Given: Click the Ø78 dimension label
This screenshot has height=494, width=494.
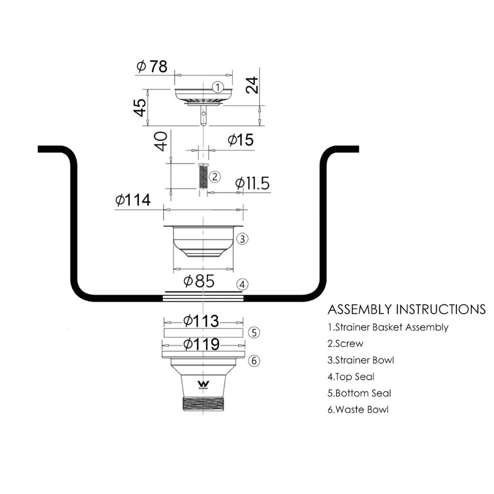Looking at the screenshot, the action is (152, 66).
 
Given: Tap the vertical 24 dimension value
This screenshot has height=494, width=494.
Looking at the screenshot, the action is (252, 85).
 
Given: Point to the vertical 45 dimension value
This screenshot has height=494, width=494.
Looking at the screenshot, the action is (140, 107).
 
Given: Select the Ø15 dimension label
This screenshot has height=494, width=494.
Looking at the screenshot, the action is (241, 140).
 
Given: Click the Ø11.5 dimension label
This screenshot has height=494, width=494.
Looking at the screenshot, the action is (252, 183).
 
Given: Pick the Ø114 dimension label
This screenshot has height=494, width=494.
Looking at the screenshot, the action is (133, 200).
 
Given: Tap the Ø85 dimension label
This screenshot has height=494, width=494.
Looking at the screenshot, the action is (199, 281).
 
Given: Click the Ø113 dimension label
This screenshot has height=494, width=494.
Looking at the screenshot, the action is (202, 321).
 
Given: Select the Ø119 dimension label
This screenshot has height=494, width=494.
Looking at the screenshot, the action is (202, 344).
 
